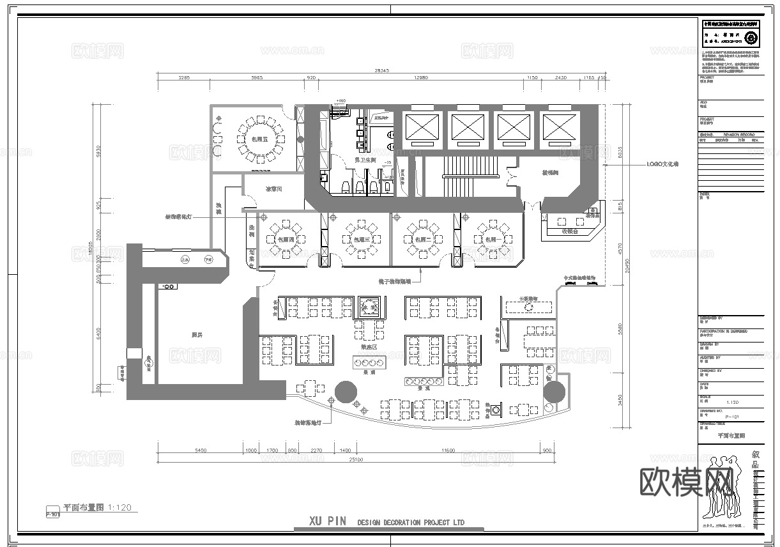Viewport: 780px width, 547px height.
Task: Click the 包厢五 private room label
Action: [259, 139]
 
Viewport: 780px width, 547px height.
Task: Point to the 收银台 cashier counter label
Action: [569, 231]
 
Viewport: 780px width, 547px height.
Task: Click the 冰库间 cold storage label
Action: [274, 189]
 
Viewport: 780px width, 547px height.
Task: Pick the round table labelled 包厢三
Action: [362, 239]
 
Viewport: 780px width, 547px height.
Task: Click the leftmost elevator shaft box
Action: [420, 127]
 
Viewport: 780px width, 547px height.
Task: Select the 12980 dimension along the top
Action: [420, 78]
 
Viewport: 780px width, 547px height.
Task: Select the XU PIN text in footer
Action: [328, 521]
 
